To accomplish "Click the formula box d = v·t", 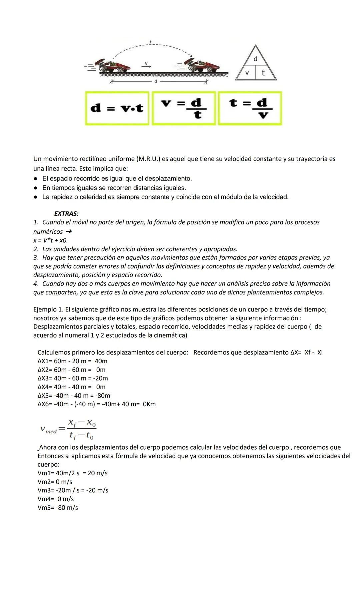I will (117, 108).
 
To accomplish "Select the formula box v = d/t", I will (184, 108).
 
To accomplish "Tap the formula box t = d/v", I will (250, 108).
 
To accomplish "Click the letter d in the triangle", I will (255, 59).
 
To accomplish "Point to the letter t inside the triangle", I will (263, 73).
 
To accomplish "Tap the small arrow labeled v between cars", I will (146, 66).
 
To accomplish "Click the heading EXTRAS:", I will (66, 214).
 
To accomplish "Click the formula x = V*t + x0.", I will (50, 240).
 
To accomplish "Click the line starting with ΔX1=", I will (72, 361).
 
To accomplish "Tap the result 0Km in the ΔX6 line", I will (149, 404).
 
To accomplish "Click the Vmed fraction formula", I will (68, 429).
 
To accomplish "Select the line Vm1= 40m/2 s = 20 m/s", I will (72, 473).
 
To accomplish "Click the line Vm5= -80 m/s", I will (58, 508).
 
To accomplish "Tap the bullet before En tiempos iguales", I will (36, 188).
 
